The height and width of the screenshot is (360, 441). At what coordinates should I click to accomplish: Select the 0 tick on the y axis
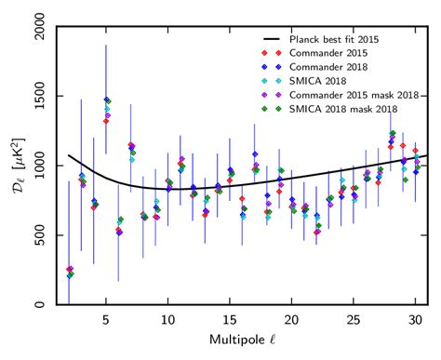[49, 305]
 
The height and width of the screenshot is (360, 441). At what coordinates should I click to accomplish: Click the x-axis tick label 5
[106, 319]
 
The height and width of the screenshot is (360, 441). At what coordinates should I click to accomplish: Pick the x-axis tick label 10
[168, 319]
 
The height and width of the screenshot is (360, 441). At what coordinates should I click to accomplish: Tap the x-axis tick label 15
[230, 319]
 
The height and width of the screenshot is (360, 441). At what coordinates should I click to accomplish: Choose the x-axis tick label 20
[292, 319]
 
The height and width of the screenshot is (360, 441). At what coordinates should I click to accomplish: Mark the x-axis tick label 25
[354, 319]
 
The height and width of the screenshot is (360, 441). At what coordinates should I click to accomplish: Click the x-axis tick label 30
[416, 319]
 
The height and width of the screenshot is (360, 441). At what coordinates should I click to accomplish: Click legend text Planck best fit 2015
[341, 40]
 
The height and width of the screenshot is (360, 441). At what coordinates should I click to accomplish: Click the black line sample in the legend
[271, 40]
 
